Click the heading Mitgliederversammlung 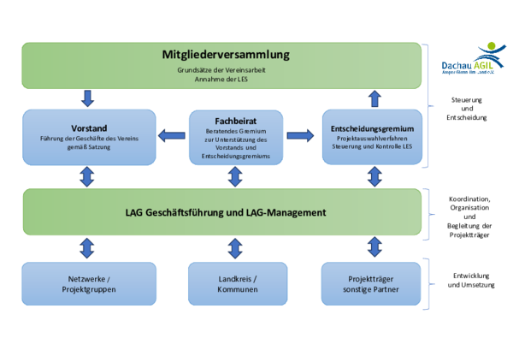pos(226,55)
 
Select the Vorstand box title pos(89,128)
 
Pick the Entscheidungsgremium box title pos(372,128)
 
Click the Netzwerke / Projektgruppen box pos(89,284)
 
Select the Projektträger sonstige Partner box pos(372,284)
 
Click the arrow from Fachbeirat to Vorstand pos(171,134)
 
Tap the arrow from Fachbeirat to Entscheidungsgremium pos(299,134)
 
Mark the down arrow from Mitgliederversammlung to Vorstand pos(88,96)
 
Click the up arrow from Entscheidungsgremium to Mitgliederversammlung pos(374,96)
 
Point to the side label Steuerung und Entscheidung pos(467,109)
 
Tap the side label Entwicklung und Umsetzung pos(468,280)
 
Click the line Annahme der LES pos(226,79)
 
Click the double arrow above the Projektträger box pos(374,248)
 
